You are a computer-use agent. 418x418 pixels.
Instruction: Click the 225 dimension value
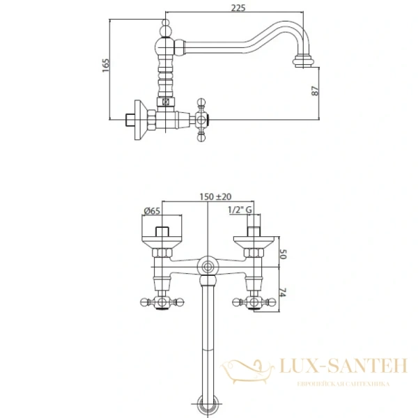click(238, 8)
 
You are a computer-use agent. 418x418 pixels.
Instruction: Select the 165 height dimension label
click(106, 65)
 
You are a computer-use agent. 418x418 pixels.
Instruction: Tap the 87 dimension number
click(315, 91)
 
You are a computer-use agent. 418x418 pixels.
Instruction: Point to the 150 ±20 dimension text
click(215, 196)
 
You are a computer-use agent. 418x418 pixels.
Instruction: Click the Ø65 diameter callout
click(152, 211)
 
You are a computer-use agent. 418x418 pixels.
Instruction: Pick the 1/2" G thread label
click(240, 210)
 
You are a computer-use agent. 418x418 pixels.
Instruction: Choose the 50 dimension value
click(283, 254)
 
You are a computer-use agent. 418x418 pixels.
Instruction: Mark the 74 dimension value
click(283, 293)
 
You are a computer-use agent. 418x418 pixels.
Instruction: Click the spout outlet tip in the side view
click(303, 61)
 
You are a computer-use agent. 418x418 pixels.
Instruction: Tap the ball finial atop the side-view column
click(166, 28)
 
